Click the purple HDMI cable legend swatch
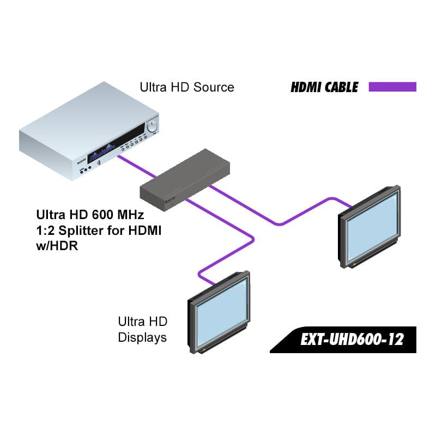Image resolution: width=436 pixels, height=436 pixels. tap(392, 87)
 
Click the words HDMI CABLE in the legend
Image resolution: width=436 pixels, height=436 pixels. tap(324, 87)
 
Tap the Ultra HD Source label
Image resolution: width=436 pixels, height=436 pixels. tap(187, 87)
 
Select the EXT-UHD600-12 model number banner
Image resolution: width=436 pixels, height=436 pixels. tap(352, 340)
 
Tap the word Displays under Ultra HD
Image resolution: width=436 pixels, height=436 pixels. tap(142, 337)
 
